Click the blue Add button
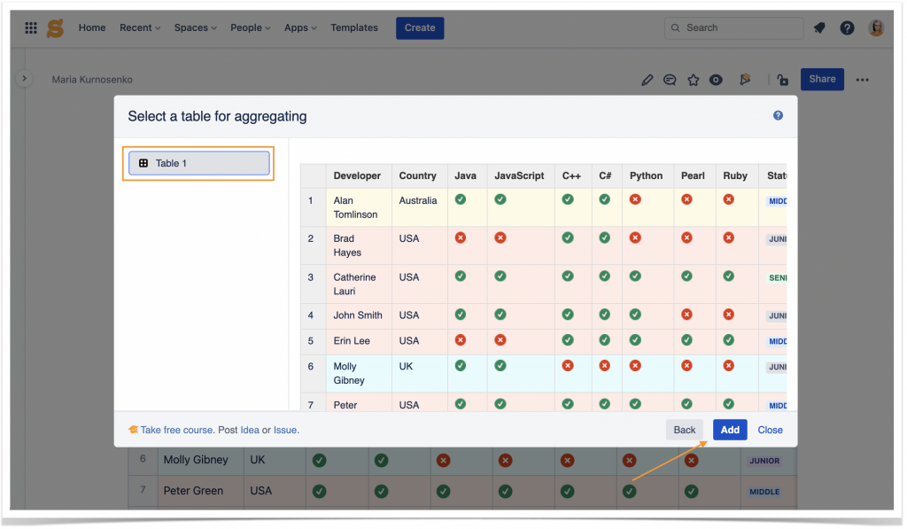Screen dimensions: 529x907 tap(730, 430)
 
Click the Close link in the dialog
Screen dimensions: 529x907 tap(770, 430)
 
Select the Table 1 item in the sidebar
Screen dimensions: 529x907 tap(199, 163)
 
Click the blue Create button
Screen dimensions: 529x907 tap(420, 27)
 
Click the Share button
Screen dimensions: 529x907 tap(822, 79)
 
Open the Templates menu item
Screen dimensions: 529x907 tap(354, 27)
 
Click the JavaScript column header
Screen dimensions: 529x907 tap(519, 175)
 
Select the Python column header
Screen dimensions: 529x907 tap(646, 175)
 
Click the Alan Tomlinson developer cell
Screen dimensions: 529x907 tap(356, 207)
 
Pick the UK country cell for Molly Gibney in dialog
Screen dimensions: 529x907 tap(406, 366)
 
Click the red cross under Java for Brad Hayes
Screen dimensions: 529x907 tap(461, 238)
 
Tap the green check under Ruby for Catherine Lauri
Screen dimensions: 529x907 tap(729, 276)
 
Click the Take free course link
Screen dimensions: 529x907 tap(176, 430)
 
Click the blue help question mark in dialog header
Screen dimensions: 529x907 tap(779, 115)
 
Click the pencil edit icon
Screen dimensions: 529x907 tap(647, 80)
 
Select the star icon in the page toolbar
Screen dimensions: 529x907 tap(694, 80)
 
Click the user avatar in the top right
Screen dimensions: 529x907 tap(876, 28)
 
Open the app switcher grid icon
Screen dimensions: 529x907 tap(31, 28)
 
